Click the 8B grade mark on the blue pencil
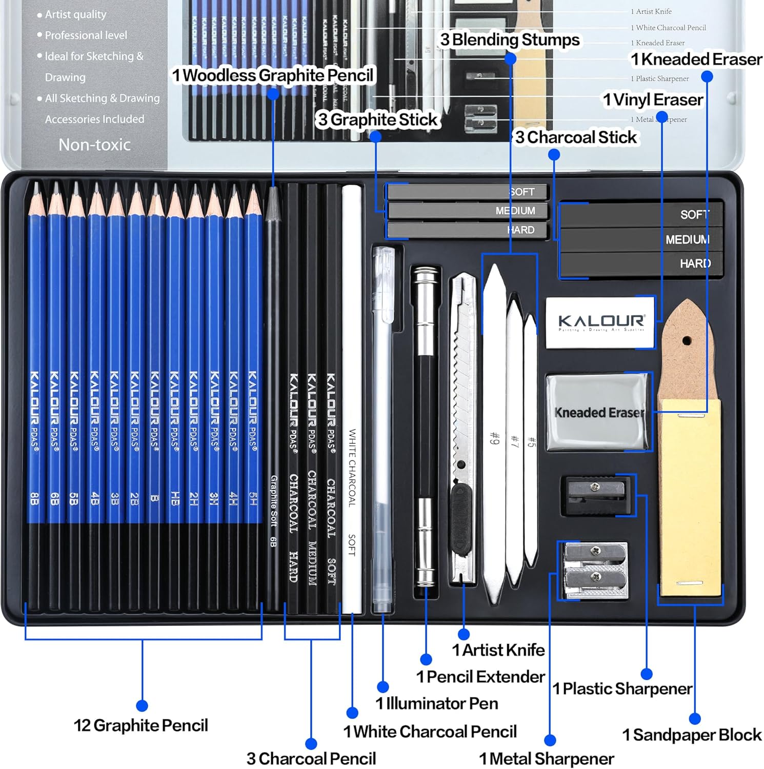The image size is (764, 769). tap(34, 498)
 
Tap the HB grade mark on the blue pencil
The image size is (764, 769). tap(174, 498)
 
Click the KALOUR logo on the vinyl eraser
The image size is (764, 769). tap(601, 321)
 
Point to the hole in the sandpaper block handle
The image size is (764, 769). tap(687, 340)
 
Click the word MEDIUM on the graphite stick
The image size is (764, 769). tap(515, 211)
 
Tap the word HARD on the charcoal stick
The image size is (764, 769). tap(695, 264)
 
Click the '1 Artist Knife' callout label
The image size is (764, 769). tap(498, 650)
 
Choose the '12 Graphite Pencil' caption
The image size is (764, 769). tap(141, 725)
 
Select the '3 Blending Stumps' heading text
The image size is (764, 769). tap(510, 39)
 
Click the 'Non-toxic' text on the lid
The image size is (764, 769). tap(95, 145)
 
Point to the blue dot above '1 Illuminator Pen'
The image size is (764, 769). tap(383, 686)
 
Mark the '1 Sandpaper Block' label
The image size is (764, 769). tap(692, 735)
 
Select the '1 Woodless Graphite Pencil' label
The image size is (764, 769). tap(273, 75)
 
